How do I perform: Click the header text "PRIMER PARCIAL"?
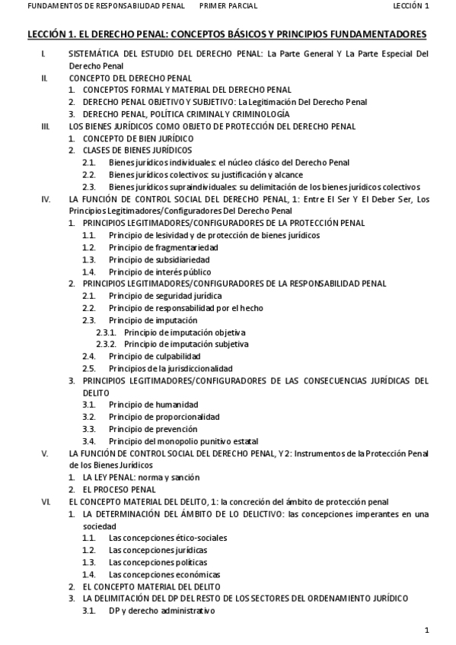[x=228, y=6]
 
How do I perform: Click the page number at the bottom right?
[x=427, y=630]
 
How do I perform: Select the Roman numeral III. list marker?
[x=46, y=126]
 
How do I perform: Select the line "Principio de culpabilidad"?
[x=155, y=356]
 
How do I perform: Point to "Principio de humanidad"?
[x=153, y=405]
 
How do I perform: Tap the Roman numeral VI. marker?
[x=46, y=501]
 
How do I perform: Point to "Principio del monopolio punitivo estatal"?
[x=183, y=441]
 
